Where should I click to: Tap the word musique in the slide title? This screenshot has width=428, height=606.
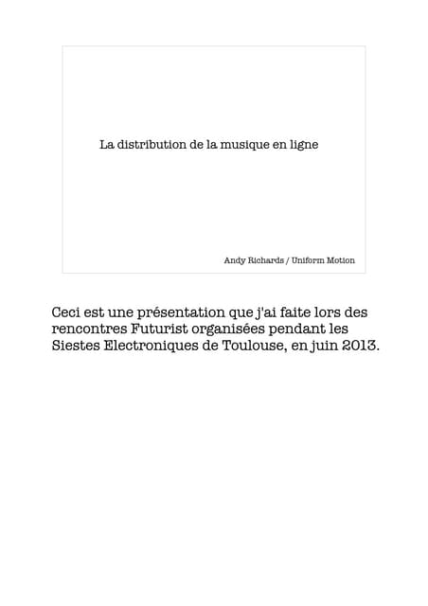239,145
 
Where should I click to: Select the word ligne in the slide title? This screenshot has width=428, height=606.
303,145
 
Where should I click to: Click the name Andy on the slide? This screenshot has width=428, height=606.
234,259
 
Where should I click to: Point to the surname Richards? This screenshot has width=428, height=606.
265,259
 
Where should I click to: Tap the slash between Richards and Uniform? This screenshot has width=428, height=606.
287,259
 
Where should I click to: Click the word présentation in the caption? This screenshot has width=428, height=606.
190,312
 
